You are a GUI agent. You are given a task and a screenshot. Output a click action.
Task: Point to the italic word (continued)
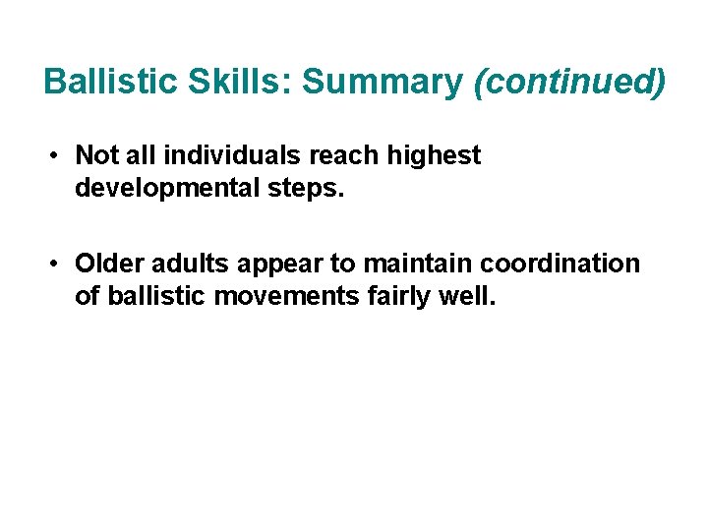569,83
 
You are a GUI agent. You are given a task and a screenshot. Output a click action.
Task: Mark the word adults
185,265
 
